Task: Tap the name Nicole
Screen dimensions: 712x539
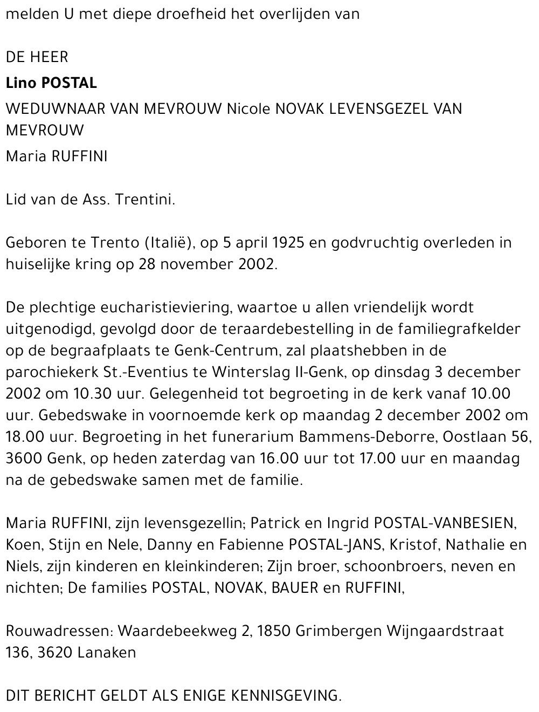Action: (248, 109)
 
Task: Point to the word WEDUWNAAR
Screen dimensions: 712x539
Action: (56, 109)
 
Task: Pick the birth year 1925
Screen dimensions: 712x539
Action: (290, 243)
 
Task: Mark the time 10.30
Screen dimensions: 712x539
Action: (55, 394)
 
